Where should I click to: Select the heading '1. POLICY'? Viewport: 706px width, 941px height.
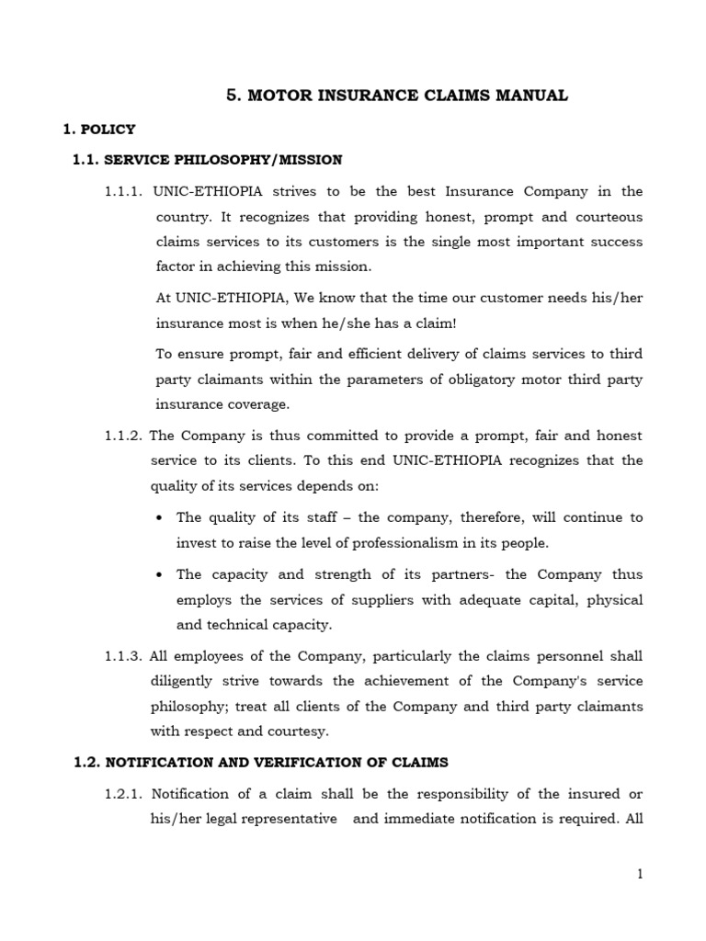pyautogui.click(x=98, y=130)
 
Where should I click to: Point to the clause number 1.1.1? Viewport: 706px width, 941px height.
pyautogui.click(x=123, y=191)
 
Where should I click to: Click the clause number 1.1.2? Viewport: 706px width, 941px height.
pyautogui.click(x=123, y=436)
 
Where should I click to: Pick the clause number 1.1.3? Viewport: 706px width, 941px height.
pyautogui.click(x=123, y=656)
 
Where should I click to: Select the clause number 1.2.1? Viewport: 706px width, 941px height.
pyautogui.click(x=123, y=794)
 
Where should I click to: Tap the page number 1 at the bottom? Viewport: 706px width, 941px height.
pyautogui.click(x=640, y=875)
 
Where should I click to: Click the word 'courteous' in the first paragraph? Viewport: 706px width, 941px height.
pyautogui.click(x=611, y=217)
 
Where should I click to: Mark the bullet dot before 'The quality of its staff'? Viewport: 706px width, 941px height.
pyautogui.click(x=160, y=518)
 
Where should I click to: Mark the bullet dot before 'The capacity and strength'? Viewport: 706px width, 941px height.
pyautogui.click(x=160, y=574)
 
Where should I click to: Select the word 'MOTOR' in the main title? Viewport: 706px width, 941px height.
pyautogui.click(x=273, y=96)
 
